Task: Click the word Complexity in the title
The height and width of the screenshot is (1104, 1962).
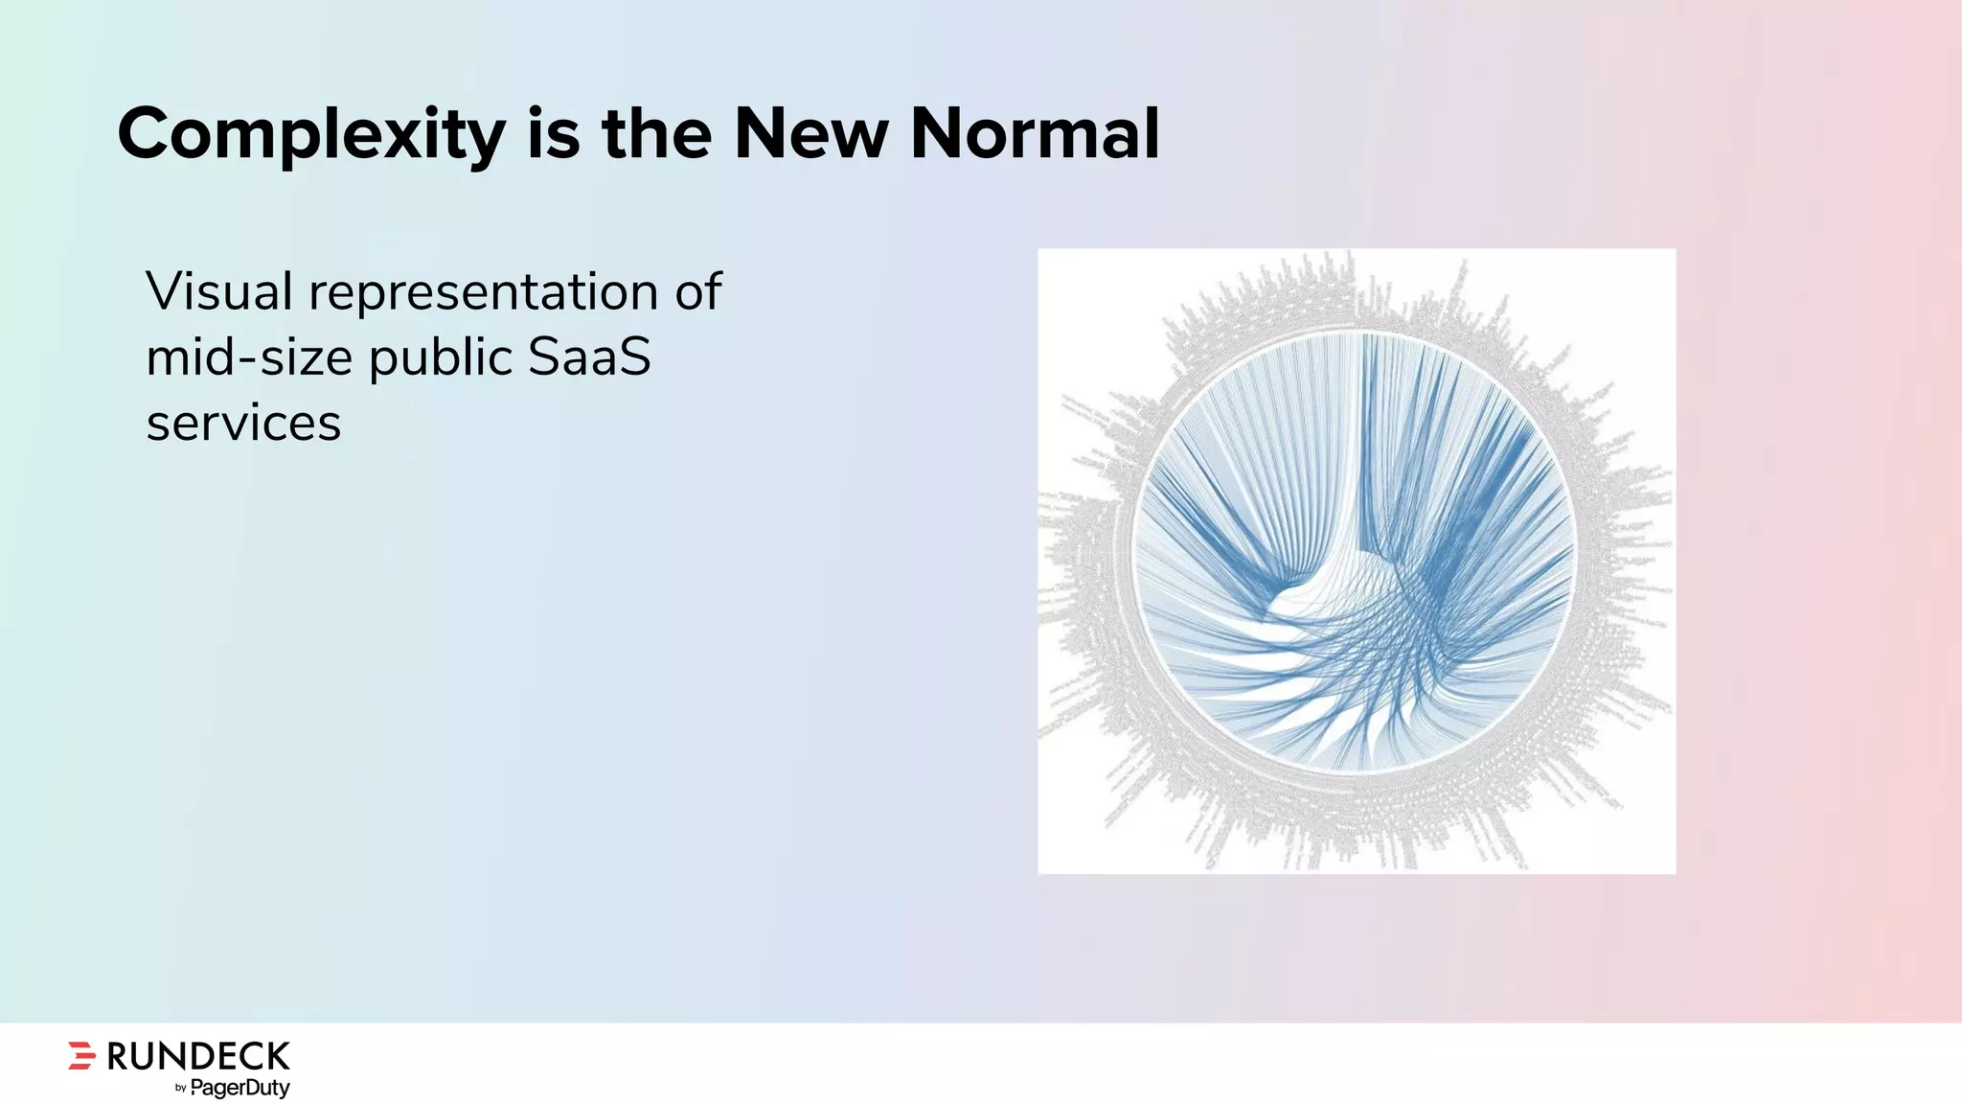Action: click(310, 135)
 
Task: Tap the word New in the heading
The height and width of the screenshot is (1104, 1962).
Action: click(810, 133)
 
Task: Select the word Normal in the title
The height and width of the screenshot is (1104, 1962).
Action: click(1035, 133)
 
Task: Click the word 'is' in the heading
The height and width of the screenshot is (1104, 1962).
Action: click(553, 133)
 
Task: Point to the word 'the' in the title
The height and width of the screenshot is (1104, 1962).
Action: click(656, 133)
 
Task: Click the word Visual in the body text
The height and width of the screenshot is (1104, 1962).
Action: click(218, 291)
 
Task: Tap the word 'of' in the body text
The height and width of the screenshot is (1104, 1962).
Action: click(697, 291)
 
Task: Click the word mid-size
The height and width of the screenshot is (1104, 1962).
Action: click(249, 357)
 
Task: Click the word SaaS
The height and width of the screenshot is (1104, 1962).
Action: click(589, 357)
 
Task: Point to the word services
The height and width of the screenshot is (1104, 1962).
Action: click(243, 424)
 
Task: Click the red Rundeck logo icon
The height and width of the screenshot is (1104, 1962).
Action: click(82, 1054)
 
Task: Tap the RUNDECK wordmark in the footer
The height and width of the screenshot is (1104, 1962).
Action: click(197, 1056)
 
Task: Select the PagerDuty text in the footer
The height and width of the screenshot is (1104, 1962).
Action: click(240, 1088)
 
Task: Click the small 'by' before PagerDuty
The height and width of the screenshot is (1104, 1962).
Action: click(180, 1089)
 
